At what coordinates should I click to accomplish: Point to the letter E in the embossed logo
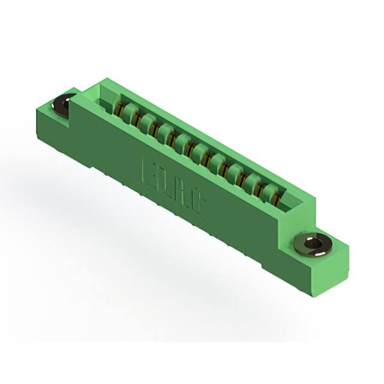tap(149, 173)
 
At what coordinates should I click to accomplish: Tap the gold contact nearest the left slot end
tap(120, 110)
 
